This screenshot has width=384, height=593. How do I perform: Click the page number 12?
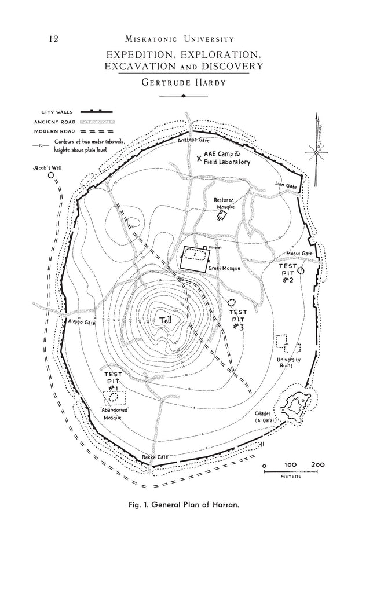[53, 39]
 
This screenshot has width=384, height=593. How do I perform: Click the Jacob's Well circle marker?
[50, 174]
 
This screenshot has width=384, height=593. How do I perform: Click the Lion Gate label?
[286, 185]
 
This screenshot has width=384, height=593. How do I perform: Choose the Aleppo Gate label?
[82, 321]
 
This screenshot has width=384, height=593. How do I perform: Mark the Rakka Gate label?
[155, 457]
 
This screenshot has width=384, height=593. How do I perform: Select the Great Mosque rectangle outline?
[195, 257]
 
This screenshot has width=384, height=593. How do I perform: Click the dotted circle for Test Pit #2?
[301, 270]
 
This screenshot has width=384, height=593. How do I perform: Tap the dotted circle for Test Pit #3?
[232, 303]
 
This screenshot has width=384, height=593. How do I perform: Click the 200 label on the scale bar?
[317, 464]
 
